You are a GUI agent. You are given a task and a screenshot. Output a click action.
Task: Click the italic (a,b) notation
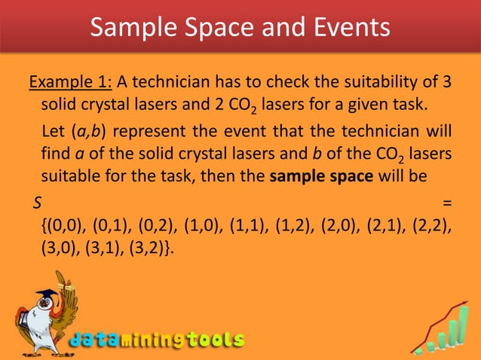[x=90, y=136]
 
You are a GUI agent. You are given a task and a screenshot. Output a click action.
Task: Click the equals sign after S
[x=448, y=203]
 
